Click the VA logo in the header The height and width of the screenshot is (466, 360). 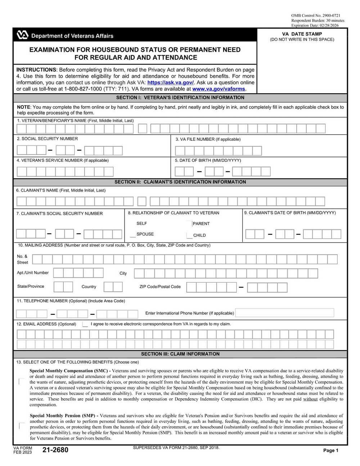pos(22,35)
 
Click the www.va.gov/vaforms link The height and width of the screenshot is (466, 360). pos(219,89)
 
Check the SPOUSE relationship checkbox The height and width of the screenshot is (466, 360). pos(133,235)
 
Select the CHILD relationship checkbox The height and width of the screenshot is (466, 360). pos(189,236)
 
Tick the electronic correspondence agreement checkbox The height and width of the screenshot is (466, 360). pos(85,324)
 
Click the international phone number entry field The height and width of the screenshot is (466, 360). pos(284,313)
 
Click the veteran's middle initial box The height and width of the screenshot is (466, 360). pos(143,129)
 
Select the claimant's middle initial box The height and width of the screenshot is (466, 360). pos(142,201)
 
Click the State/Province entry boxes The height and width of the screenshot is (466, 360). pos(63,287)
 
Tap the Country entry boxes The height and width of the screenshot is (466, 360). pos(113,287)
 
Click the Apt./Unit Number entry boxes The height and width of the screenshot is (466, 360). pos(78,273)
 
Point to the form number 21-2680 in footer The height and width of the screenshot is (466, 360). pos(55,450)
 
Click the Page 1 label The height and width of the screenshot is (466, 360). pos(330,450)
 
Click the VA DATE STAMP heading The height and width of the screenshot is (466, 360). pos(302,34)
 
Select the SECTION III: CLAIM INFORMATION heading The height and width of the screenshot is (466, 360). pos(180,354)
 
